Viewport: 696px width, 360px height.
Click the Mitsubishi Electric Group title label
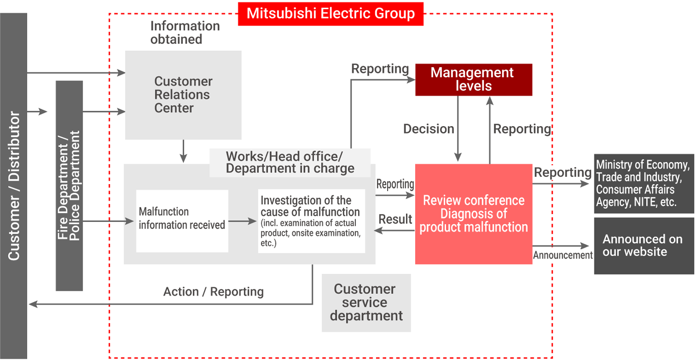coord(331,14)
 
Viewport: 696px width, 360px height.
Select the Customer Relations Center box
coord(183,95)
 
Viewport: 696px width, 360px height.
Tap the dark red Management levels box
coord(473,80)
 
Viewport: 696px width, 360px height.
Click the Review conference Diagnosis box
coord(473,214)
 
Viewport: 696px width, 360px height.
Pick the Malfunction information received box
coord(182,221)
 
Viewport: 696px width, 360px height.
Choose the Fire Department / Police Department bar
coord(69,186)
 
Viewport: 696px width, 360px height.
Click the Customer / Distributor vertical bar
coord(14,186)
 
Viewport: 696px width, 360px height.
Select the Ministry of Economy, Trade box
coord(643,184)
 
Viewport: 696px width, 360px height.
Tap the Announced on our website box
coord(643,245)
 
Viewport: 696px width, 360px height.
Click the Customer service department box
coord(366,302)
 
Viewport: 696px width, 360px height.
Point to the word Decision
coord(429,129)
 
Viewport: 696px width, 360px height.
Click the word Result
coord(395,219)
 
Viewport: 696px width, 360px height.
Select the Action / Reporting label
coord(213,292)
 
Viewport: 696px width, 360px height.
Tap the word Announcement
coord(563,255)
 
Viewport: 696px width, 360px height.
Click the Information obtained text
coord(185,32)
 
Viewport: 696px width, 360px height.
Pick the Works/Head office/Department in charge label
coord(290,162)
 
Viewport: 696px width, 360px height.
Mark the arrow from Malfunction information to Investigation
coord(243,221)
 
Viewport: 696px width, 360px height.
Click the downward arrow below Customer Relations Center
coord(183,151)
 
